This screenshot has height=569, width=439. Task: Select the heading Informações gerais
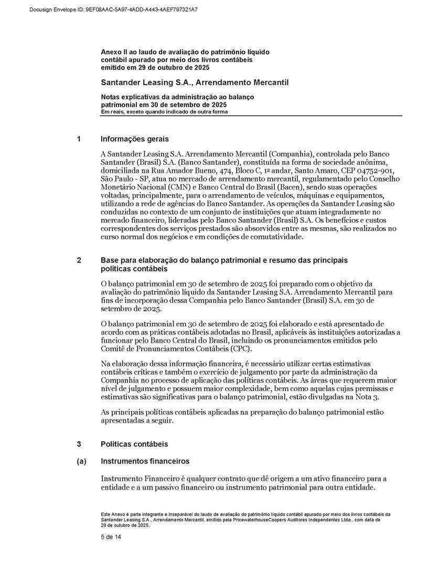point(135,139)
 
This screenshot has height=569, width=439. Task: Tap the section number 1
point(79,139)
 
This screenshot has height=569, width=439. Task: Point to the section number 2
point(79,260)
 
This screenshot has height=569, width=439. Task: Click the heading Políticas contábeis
point(134,444)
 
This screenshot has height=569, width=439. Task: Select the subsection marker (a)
point(81,461)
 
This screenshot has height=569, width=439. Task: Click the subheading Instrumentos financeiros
point(145,461)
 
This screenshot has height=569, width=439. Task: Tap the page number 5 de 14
point(111,537)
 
